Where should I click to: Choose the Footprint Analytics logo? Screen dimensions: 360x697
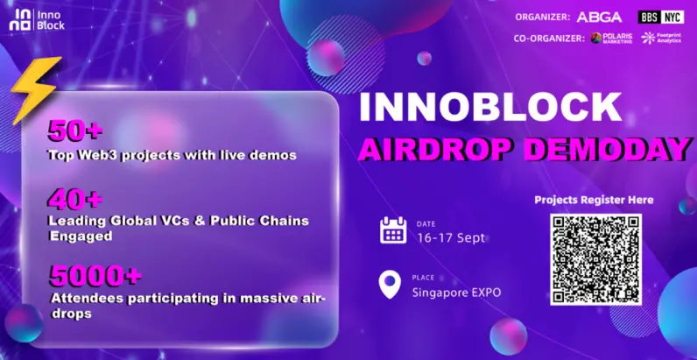pos(662,39)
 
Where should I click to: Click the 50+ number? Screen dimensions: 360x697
pos(76,132)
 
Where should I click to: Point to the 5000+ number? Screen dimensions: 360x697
pos(95,276)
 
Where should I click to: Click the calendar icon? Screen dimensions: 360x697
pos(393,230)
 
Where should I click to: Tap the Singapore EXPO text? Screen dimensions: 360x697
pos(457,292)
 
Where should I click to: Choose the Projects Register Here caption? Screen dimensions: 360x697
pos(595,201)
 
